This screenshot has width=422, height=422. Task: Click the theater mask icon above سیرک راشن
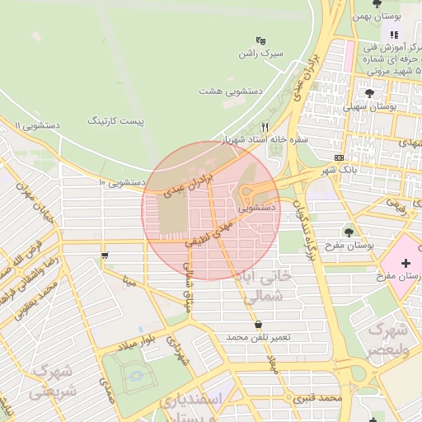pos(261,40)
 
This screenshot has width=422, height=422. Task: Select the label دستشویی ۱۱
pos(38,125)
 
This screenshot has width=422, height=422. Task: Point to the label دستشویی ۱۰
pos(122,181)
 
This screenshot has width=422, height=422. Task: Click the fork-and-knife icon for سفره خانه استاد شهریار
pos(265,127)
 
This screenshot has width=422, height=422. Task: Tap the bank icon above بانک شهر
pos(340,157)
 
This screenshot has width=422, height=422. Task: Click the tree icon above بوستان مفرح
pos(349,232)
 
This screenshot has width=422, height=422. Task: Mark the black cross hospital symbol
pos(405,263)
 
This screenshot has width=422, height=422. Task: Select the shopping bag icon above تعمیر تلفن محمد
pos(260,325)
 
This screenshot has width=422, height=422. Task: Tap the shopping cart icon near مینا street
pos(105,256)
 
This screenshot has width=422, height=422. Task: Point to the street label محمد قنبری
pos(321,398)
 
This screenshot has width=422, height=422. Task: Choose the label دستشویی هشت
pos(231,91)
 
